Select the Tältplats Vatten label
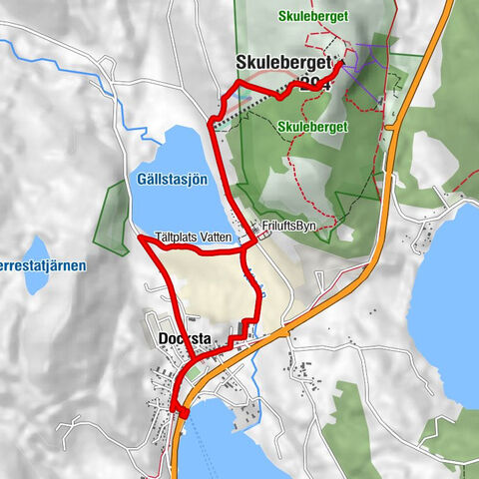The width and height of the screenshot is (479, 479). click(194, 238)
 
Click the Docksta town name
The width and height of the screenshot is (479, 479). click(185, 339)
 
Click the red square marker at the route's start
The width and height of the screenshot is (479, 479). click(183, 413)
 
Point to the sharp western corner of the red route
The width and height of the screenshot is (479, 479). click(140, 238)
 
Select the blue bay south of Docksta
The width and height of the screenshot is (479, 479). click(215, 439)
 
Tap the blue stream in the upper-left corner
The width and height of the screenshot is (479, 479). click(30, 50)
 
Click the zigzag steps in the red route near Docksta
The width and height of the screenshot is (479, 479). click(239, 334)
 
